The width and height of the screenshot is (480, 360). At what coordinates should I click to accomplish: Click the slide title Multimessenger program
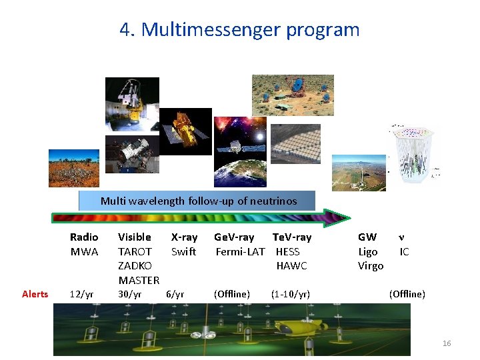click(x=239, y=30)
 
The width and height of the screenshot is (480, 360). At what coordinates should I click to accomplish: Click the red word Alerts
click(x=35, y=294)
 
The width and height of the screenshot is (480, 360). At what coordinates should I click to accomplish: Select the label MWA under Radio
click(x=84, y=251)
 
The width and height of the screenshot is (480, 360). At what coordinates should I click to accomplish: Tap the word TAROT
click(x=135, y=251)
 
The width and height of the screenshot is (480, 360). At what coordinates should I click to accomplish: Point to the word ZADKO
click(x=135, y=265)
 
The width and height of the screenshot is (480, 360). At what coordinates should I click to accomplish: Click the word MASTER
click(x=139, y=280)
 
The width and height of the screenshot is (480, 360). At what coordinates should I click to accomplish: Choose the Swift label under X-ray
click(x=183, y=251)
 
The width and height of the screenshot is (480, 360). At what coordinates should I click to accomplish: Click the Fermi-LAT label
click(x=240, y=251)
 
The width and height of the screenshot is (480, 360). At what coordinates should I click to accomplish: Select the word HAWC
click(x=291, y=265)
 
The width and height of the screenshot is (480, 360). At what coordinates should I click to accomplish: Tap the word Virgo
click(x=371, y=265)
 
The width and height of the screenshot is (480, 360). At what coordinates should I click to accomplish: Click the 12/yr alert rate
click(x=81, y=294)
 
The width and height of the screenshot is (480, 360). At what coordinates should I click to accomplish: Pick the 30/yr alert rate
click(x=129, y=294)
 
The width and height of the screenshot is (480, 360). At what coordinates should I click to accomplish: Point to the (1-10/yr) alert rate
click(x=290, y=294)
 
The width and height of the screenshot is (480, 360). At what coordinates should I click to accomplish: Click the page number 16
click(x=447, y=343)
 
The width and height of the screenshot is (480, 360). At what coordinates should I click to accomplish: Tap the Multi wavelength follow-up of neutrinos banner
click(x=198, y=201)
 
